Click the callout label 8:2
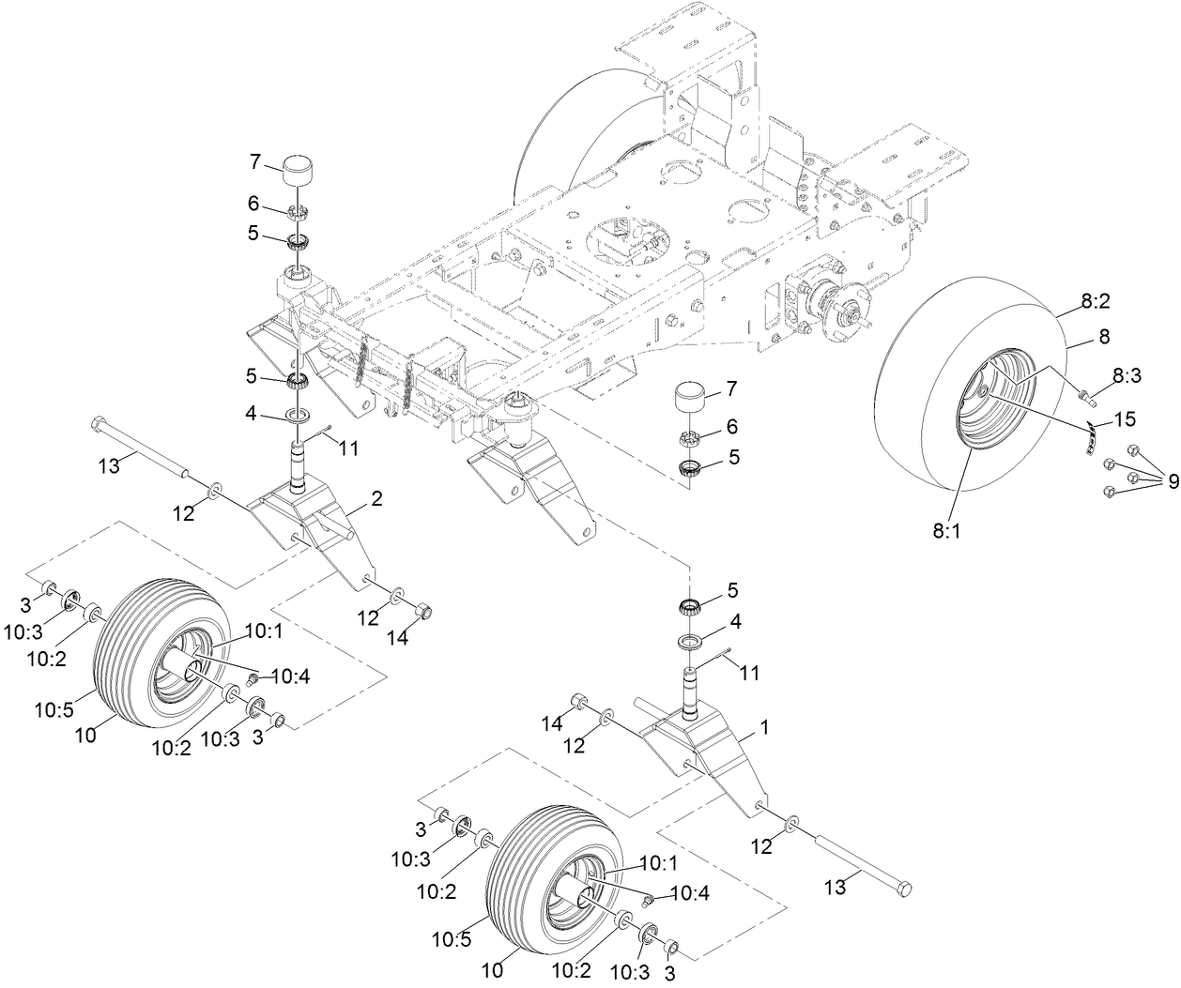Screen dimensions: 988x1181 (x=1095, y=302)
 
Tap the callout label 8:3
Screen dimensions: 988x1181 (x=1127, y=375)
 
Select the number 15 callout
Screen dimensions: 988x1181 (x=1124, y=416)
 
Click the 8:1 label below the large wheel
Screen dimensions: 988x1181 (x=947, y=530)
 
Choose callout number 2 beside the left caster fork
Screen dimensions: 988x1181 (x=376, y=500)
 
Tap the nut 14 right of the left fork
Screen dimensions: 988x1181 (x=423, y=611)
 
